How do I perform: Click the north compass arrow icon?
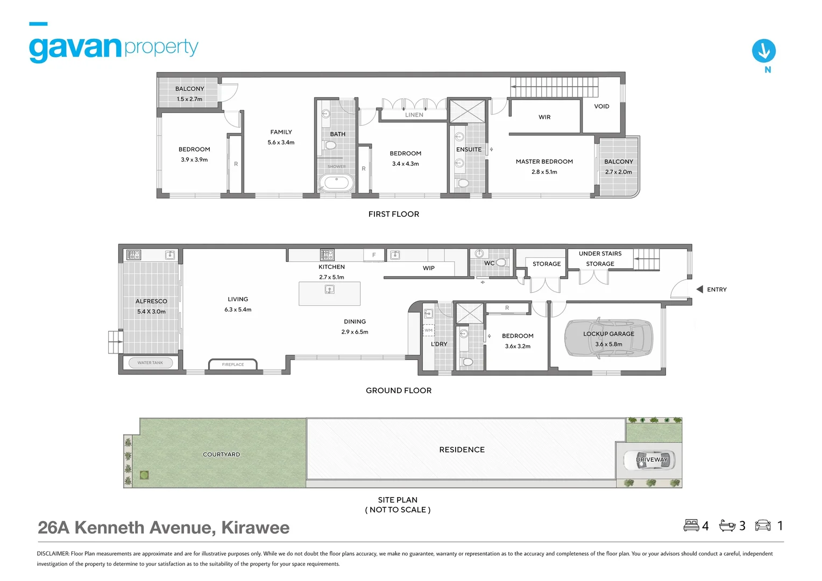[x=763, y=51]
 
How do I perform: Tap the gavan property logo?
[x=114, y=48]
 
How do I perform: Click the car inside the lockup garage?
[x=608, y=338]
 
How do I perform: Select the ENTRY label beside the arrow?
[x=717, y=289]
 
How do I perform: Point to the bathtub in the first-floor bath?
[x=337, y=182]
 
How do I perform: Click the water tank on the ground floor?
[x=150, y=363]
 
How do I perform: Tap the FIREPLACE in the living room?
[x=232, y=364]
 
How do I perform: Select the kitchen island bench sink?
[x=330, y=289]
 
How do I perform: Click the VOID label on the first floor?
[x=601, y=107]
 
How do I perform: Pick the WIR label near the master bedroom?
[x=544, y=117]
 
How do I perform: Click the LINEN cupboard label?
[x=414, y=115]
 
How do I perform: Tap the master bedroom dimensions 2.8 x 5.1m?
[x=544, y=172]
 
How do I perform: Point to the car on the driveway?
[x=649, y=460]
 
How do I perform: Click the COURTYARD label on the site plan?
[x=221, y=455]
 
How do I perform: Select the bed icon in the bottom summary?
[x=691, y=525]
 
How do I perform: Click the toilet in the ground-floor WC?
[x=500, y=263]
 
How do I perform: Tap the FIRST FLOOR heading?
[x=394, y=214]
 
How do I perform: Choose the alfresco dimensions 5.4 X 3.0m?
[x=151, y=311]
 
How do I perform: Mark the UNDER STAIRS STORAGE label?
[x=600, y=259]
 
